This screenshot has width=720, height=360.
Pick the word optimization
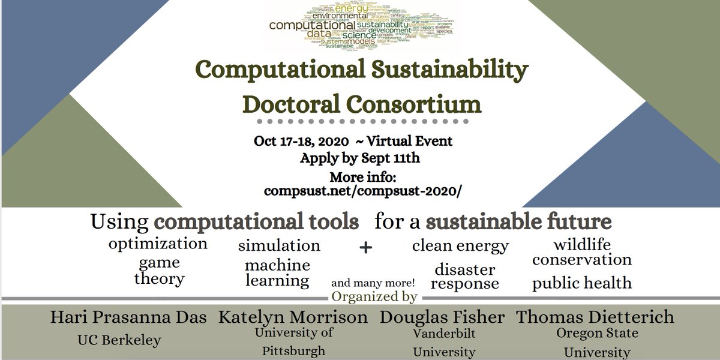(x=158, y=244)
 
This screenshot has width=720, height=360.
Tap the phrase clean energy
(x=460, y=245)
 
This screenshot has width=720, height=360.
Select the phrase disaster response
(x=465, y=276)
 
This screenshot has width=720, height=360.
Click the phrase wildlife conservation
(x=581, y=252)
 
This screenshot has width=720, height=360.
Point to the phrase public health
(x=581, y=283)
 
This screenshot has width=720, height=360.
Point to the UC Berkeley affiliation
(x=119, y=340)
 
